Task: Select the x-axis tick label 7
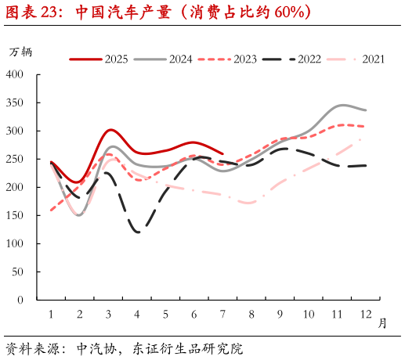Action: (x=223, y=315)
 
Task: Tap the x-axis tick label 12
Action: (x=366, y=315)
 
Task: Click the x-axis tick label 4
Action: (x=137, y=315)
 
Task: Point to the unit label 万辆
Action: (x=20, y=52)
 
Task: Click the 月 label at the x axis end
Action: (x=382, y=322)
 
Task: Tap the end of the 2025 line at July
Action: (x=223, y=153)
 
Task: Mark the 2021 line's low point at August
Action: (x=251, y=203)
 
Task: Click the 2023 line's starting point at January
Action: (x=51, y=210)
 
